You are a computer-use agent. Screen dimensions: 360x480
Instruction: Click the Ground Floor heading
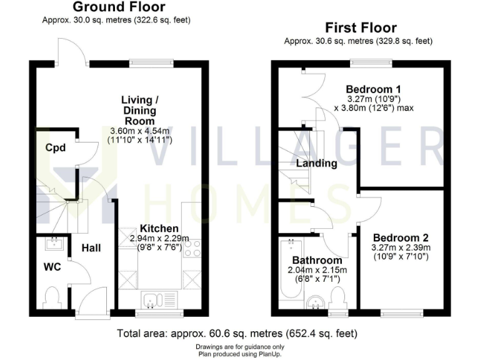119,7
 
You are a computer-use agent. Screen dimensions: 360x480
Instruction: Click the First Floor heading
361,28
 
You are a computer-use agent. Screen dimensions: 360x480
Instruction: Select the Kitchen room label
159,228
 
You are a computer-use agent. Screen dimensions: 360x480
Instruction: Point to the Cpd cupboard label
57,148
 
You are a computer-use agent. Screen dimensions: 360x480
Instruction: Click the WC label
52,267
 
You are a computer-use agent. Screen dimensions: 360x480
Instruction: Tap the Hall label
91,248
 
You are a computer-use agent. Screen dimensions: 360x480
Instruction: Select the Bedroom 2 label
401,237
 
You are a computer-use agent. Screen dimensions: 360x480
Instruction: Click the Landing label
316,164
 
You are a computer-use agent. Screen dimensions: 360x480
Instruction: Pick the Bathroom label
317,260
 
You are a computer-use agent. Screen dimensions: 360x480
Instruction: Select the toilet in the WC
52,294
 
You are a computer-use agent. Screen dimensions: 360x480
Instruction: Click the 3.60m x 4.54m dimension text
140,131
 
